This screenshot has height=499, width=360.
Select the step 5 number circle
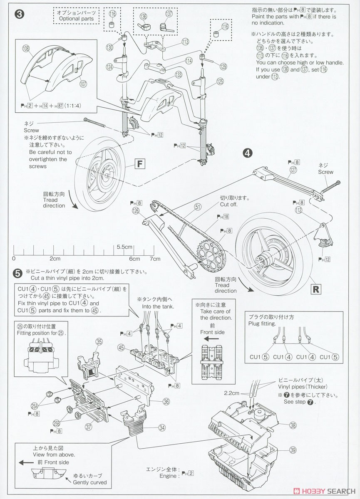[17, 273]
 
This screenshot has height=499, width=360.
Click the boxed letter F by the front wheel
[139, 164]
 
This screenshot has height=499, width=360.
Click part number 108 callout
[26, 49]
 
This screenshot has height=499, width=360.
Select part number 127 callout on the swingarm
[294, 170]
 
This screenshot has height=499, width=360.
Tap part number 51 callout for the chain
[197, 206]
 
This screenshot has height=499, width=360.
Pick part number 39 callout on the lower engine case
[293, 450]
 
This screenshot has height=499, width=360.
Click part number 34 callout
[162, 427]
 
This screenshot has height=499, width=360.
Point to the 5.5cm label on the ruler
[124, 247]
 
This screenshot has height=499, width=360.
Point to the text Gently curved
[89, 482]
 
